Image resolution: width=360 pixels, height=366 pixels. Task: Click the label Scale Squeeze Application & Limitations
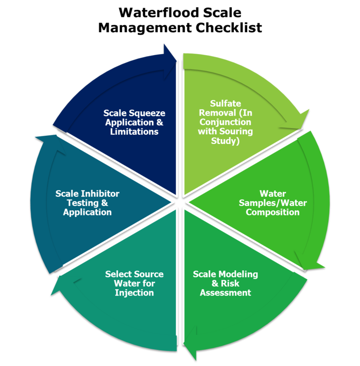pyautogui.click(x=134, y=122)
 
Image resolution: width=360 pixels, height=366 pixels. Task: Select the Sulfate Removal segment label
pyautogui.click(x=225, y=122)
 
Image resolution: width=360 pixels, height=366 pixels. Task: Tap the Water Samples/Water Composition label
pyautogui.click(x=273, y=203)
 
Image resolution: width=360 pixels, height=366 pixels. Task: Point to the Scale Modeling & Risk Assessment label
pyautogui.click(x=225, y=283)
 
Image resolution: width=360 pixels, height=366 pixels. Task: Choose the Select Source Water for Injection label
pyautogui.click(x=134, y=283)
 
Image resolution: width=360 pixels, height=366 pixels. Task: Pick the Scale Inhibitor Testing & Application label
pyautogui.click(x=87, y=203)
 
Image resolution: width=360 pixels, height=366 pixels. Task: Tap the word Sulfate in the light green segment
pyautogui.click(x=225, y=104)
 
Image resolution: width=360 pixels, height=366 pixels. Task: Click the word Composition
pyautogui.click(x=273, y=212)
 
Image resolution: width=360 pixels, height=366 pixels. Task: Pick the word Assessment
pyautogui.click(x=225, y=293)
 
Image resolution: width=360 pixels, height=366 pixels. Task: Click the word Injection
pyautogui.click(x=134, y=293)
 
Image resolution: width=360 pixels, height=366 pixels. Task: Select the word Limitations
pyautogui.click(x=134, y=131)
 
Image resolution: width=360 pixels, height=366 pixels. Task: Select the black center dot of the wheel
pyautogui.click(x=180, y=201)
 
